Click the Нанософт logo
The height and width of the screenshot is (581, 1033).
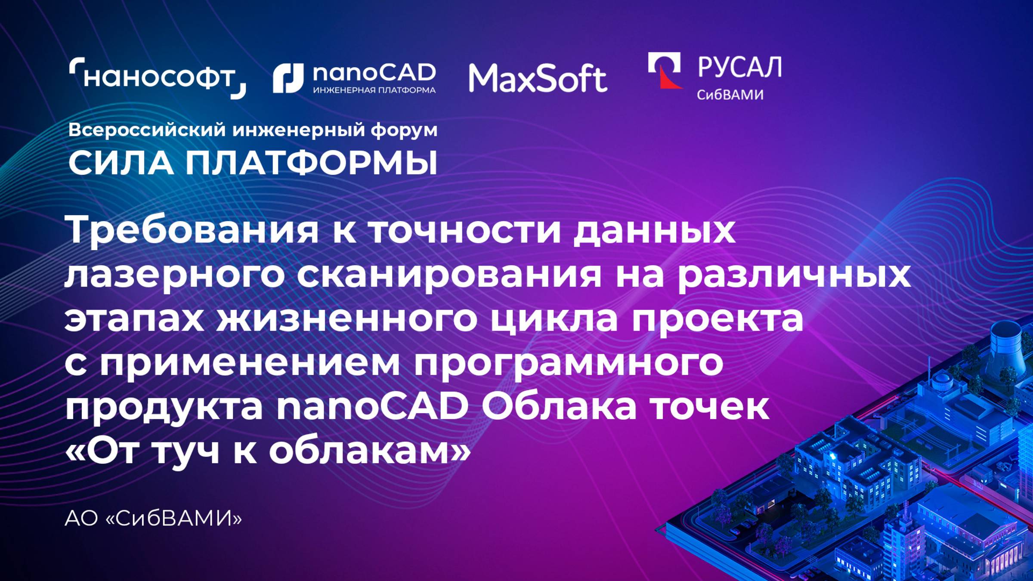point(158,78)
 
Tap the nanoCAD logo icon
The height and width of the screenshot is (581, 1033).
point(288,78)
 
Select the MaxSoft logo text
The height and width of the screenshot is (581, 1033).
point(538,78)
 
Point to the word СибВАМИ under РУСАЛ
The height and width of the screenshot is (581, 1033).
point(730,95)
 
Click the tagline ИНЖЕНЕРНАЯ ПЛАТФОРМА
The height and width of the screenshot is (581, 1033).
point(374,90)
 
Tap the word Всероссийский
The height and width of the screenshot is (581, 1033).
point(147,130)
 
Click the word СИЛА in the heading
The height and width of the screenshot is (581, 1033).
point(121,164)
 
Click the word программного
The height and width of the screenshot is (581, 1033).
point(569,363)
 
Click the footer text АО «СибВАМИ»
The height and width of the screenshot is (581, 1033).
point(153,519)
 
